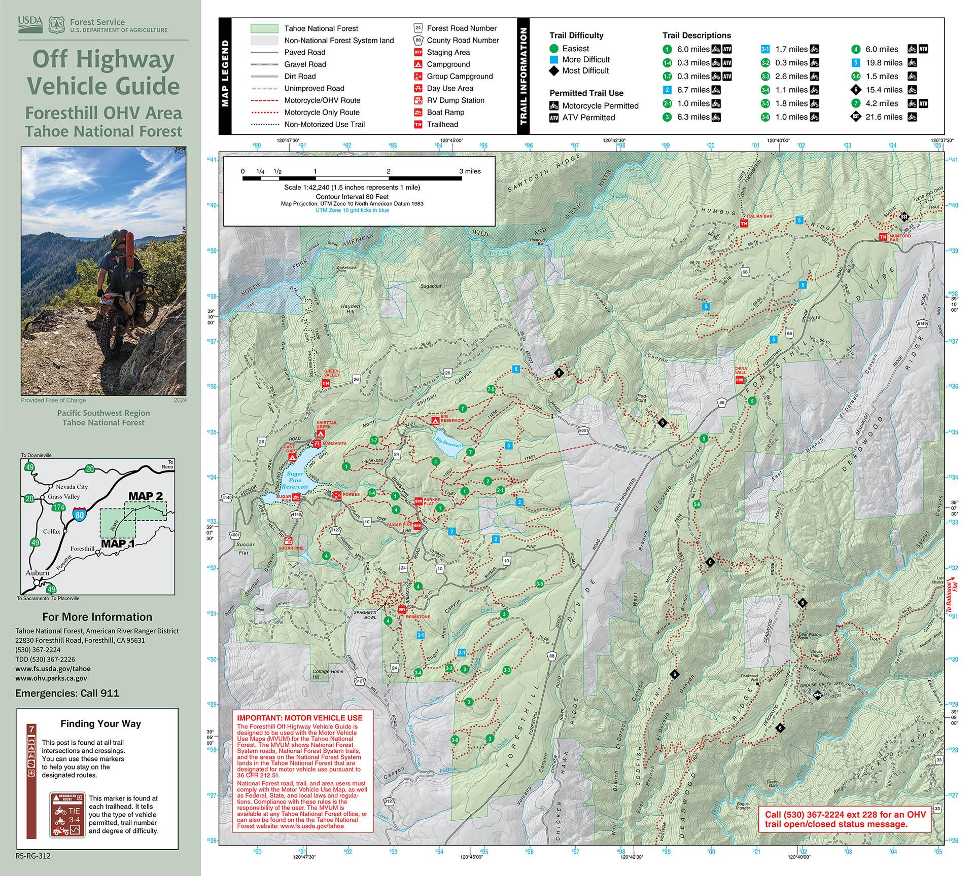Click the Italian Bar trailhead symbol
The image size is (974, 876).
pos(744,223)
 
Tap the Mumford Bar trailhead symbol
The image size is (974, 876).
pos(883,237)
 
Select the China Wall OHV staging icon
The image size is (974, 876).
pos(740,380)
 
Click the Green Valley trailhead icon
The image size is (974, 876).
pos(325,384)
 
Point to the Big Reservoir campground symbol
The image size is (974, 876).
pos(434,421)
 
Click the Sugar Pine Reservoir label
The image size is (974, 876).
pos(295,480)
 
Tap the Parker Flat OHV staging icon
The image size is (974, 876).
pos(419,501)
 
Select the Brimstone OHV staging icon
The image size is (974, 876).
pos(402,609)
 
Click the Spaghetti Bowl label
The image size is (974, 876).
pos(365,615)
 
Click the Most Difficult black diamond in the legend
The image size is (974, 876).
pos(554,71)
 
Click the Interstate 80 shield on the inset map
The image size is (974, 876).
pos(79,515)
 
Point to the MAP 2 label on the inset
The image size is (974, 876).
pos(145,496)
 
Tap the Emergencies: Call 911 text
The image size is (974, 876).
pos(67,693)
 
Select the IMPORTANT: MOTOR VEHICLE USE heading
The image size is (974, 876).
pos(299,718)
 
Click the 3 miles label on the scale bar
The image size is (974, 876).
pos(469,171)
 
